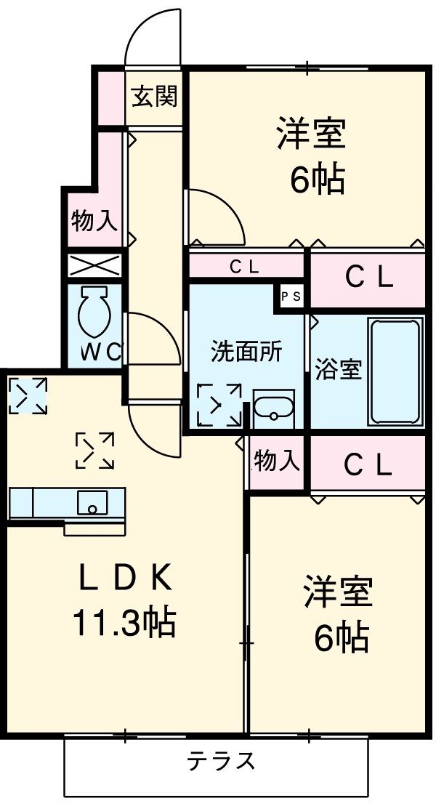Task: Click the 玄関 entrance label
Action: click(154, 96)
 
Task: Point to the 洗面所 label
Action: click(246, 352)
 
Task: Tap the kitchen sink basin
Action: click(92, 502)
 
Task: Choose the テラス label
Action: click(221, 760)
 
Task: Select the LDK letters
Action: click(124, 581)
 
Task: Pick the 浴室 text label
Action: click(339, 369)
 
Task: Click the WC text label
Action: click(101, 352)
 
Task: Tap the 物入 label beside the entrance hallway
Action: click(94, 221)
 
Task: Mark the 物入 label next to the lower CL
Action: click(277, 460)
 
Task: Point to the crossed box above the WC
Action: click(94, 266)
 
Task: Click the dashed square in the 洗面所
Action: click(219, 405)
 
